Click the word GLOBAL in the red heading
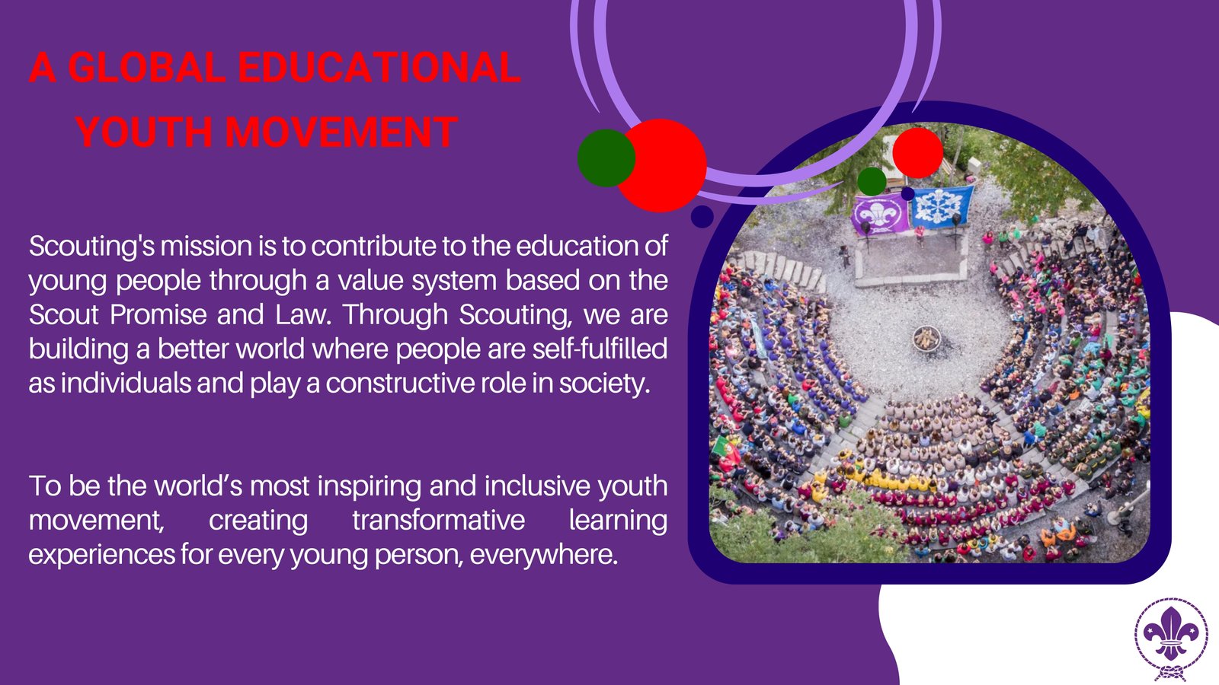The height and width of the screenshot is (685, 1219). coord(147,68)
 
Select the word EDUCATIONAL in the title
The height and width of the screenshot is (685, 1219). coord(379,68)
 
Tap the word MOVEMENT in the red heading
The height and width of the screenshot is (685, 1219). coord(341,132)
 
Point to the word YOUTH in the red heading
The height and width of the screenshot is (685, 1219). coord(144,132)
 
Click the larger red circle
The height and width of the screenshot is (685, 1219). coord(661,165)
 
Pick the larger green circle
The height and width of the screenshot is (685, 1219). coord(606,158)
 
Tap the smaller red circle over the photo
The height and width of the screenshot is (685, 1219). coord(917,153)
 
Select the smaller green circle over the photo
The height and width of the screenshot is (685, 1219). coord(872,182)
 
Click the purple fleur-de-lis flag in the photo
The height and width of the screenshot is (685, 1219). coord(880,215)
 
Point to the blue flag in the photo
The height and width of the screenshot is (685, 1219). coord(942,206)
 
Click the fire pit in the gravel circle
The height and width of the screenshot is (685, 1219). coord(926,338)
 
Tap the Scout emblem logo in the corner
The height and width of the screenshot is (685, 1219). coord(1171,639)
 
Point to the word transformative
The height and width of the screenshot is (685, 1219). coord(439,520)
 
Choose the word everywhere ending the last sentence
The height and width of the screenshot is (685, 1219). coord(544,555)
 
